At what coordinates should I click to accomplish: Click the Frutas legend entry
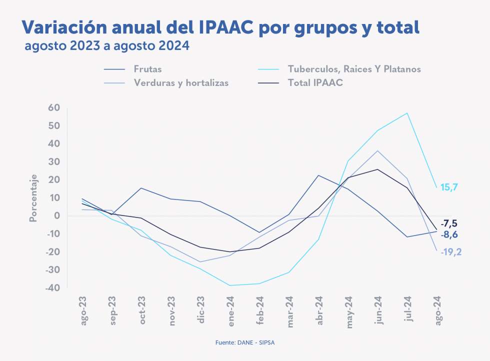click(x=147, y=69)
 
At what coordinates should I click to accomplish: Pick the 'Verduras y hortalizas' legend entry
click(x=181, y=83)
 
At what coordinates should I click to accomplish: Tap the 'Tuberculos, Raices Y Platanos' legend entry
click(x=354, y=69)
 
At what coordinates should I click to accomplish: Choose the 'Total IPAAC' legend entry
click(x=315, y=83)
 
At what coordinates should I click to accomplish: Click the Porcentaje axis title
click(x=33, y=197)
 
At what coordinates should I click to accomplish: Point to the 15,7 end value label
click(x=449, y=187)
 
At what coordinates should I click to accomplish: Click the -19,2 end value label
click(x=451, y=252)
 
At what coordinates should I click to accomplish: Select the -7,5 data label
click(x=448, y=223)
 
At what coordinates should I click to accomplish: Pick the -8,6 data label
click(x=449, y=234)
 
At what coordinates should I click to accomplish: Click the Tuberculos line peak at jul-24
click(x=407, y=113)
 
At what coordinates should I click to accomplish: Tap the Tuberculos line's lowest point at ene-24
click(x=230, y=285)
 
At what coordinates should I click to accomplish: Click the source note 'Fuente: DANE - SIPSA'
click(x=244, y=342)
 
